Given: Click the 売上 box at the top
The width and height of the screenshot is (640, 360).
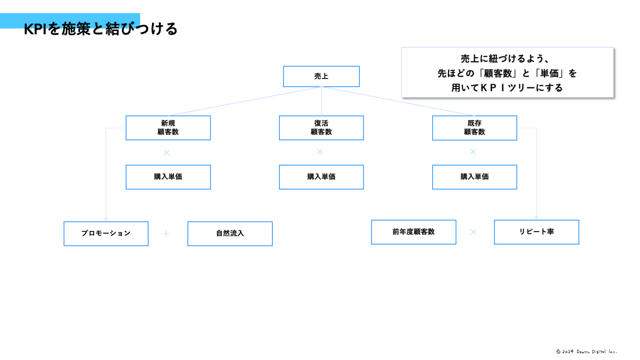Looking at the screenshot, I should pos(321,76).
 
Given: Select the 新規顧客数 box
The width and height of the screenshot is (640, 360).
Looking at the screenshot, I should pos(168,128).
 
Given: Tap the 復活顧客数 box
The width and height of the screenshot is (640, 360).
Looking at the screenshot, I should pos(321,128).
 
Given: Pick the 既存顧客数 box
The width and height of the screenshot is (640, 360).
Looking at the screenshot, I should pos(474,128).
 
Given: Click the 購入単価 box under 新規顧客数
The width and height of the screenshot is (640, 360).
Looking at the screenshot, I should pos(168,177).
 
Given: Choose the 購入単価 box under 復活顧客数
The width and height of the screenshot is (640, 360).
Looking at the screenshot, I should pos(321,177).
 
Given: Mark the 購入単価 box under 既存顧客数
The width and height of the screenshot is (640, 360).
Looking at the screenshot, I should pos(474,177).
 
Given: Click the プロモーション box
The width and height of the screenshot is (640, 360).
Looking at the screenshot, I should pos(106,233).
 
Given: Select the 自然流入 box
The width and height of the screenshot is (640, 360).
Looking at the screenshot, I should pos(230,233).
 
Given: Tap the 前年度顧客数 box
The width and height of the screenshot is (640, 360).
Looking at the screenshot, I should pos(413,232).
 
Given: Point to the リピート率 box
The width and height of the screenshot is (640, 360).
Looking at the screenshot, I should pos(536,232).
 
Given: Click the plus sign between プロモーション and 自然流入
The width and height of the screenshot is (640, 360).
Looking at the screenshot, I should pos(166,233).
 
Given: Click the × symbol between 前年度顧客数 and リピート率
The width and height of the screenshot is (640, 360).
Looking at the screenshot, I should pos(473,232).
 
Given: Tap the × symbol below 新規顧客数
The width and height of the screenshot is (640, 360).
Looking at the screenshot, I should pos(166,152).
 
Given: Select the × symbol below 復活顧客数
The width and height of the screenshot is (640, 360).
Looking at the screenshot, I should pos(320,151).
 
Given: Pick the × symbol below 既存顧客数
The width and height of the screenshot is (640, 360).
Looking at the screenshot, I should pos(472,151).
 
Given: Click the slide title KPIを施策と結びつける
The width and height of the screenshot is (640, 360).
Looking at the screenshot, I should pos(100,29).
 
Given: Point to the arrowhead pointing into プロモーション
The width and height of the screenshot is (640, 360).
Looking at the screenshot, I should pos(106,219).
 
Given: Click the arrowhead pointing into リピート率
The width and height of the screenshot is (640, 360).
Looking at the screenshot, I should pos(536,217).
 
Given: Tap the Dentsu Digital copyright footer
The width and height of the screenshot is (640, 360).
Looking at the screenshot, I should pos(586,351).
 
